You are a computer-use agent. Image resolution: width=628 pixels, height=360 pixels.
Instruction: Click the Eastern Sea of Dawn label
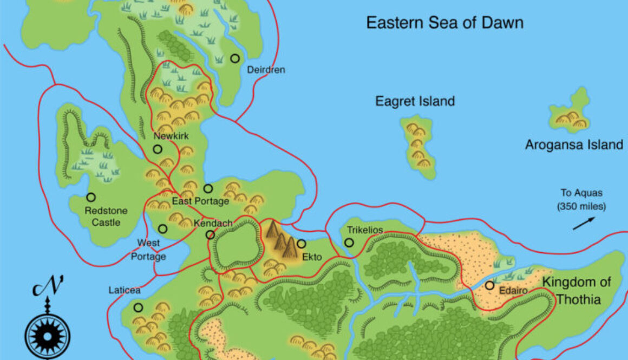444,23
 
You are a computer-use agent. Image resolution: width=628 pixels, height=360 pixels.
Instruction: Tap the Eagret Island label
415,101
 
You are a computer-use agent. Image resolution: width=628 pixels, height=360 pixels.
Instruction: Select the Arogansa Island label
574,145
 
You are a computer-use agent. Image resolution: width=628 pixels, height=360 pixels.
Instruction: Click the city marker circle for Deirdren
235,58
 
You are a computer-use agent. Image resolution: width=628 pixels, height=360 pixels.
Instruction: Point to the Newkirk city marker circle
158,149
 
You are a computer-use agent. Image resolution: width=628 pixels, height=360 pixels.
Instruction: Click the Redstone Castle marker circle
91,198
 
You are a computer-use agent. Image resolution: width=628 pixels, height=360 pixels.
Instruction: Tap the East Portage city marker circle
208,188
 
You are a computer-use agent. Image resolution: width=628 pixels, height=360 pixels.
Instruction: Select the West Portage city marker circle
163,229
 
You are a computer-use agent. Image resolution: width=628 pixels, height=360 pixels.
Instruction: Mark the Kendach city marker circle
210,234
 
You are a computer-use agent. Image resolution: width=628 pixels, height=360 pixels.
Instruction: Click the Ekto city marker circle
302,244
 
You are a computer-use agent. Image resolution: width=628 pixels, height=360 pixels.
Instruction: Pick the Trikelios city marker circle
349,243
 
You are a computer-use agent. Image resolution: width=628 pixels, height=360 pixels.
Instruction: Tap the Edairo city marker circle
489,285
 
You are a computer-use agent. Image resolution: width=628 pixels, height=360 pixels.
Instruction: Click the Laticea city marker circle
139,307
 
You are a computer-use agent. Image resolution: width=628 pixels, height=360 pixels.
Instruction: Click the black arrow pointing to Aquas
584,223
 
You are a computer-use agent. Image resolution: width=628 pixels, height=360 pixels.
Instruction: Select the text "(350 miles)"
581,206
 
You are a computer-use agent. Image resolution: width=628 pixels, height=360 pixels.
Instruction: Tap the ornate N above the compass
48,287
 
